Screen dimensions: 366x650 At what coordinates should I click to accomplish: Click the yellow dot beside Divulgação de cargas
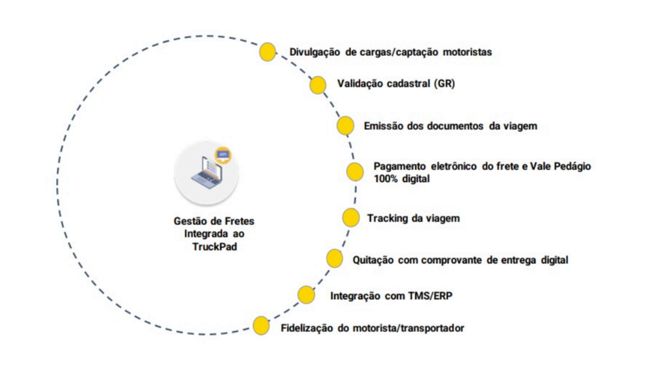(267, 52)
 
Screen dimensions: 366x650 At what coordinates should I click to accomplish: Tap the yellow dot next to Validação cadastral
(318, 85)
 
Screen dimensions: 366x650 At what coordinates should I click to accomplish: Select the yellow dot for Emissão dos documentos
(345, 126)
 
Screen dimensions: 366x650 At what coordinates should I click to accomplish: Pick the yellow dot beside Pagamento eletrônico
(355, 172)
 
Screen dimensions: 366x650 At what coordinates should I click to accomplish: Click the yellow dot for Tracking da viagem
(351, 218)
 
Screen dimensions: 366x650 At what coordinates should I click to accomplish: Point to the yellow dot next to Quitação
(334, 259)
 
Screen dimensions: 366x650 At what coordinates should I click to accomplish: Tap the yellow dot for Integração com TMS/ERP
(306, 294)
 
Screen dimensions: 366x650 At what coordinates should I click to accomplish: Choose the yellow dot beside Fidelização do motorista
(261, 326)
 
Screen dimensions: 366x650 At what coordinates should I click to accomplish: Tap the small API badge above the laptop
(223, 155)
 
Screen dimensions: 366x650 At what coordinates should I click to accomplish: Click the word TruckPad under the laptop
(215, 247)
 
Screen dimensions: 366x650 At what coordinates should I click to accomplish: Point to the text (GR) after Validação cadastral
(445, 83)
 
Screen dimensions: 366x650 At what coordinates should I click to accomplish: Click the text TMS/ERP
(430, 296)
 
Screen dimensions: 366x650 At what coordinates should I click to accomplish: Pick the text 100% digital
(402, 179)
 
